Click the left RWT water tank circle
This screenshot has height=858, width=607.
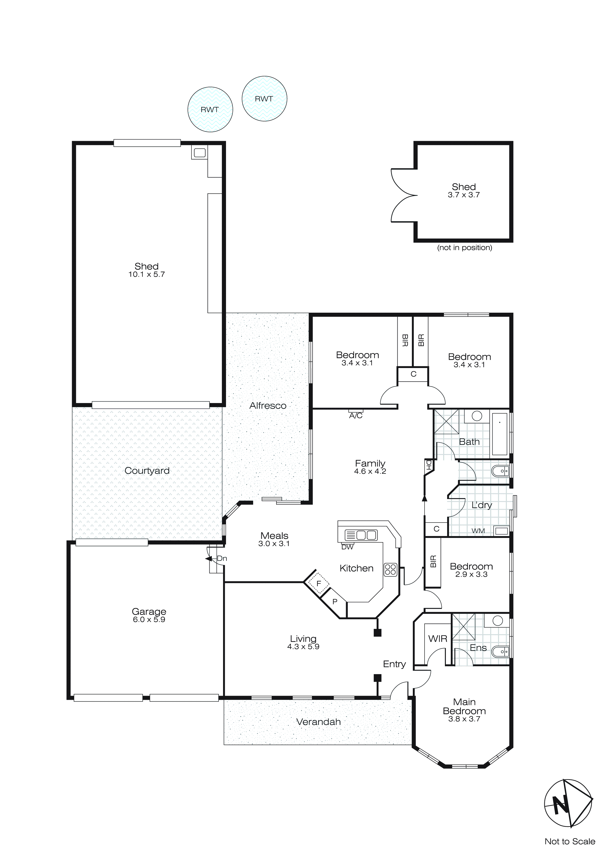[x=210, y=109]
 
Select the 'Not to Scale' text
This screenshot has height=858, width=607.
[x=570, y=841]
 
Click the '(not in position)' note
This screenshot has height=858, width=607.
[x=464, y=248]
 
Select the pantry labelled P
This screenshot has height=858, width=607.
[x=334, y=602]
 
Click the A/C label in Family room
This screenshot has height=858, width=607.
[x=356, y=416]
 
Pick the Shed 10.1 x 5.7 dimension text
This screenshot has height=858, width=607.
[x=146, y=274]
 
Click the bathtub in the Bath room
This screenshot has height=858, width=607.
[x=499, y=433]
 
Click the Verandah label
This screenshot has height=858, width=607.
[x=318, y=722]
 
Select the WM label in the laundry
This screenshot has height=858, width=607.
[x=478, y=531]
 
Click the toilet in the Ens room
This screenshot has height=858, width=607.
[x=500, y=652]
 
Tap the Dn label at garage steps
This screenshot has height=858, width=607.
[x=222, y=558]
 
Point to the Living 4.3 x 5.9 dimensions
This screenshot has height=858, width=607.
[x=303, y=647]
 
